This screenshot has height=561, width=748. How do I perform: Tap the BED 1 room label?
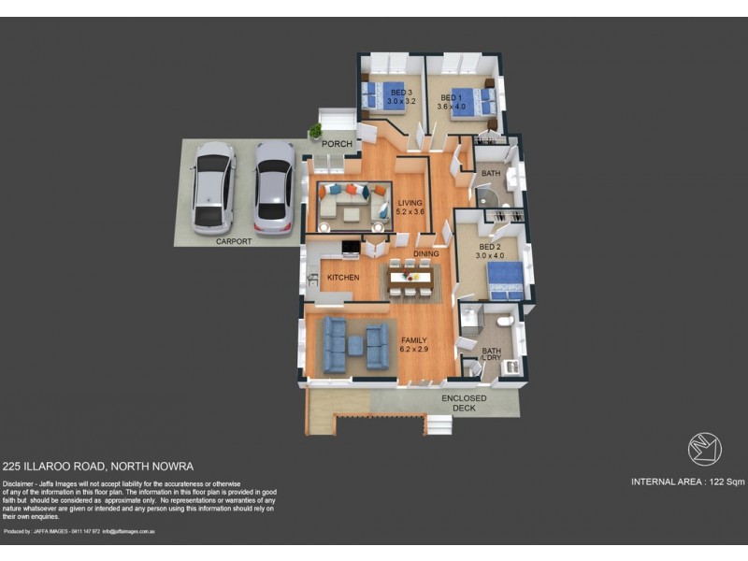coord(451,102)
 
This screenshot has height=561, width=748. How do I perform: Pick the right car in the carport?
coord(272,190)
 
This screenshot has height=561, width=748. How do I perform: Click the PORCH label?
coord(337,144)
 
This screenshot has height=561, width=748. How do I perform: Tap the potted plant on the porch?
coord(316,130)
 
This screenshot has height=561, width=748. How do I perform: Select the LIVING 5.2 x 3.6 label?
coord(410,208)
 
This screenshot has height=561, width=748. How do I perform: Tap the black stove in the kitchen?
coord(350,249)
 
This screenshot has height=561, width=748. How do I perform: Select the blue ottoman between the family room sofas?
coord(356,346)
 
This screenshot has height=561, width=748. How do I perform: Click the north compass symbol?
coord(704,449)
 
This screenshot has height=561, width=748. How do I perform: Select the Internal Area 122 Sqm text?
coord(687,482)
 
